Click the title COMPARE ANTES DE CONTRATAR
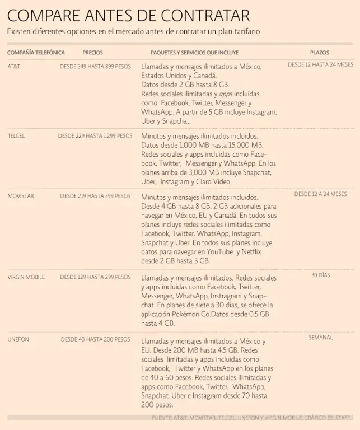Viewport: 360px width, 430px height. tap(129, 15)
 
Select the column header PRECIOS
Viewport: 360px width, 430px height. tap(92, 52)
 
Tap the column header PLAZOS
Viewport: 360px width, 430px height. tap(320, 52)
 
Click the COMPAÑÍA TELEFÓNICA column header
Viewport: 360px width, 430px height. tap(36, 52)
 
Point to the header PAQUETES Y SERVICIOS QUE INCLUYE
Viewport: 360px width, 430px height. tap(194, 52)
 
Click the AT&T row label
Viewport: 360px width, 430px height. tap(14, 66)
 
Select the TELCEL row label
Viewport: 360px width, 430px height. tap(16, 135)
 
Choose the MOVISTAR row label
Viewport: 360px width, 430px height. tap(21, 196)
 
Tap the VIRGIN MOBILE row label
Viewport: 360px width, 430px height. tap(26, 277)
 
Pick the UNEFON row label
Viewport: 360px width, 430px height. tap(18, 339)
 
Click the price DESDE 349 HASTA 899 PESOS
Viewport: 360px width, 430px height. tap(95, 66)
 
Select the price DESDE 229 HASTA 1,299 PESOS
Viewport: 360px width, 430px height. tap(95, 135)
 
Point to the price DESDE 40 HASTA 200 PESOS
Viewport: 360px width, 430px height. tap(95, 339)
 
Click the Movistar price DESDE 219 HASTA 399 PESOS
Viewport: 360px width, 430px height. tap(95, 196)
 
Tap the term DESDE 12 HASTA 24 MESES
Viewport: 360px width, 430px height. tap(320, 65)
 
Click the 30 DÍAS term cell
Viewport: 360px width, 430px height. tap(320, 275)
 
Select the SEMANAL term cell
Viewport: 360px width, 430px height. tap(320, 338)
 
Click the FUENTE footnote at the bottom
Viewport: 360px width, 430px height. tap(251, 418)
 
